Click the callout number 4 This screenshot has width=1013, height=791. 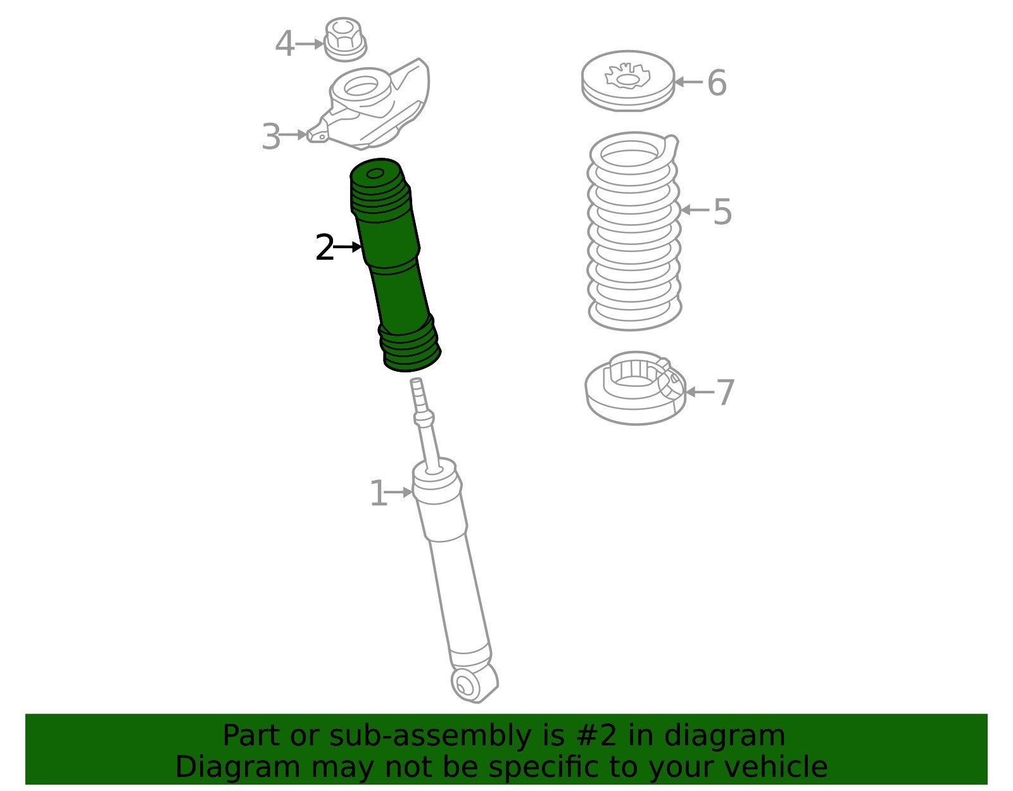(x=284, y=44)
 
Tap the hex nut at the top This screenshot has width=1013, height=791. (x=345, y=39)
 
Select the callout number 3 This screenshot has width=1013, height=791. (x=272, y=137)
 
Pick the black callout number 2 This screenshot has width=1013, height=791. (x=324, y=247)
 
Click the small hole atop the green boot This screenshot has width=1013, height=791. (x=375, y=174)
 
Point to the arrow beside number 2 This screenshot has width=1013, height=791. (x=348, y=246)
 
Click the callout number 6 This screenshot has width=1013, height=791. (x=717, y=82)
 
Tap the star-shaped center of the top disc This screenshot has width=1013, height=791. (x=627, y=77)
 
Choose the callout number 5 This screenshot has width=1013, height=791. (x=722, y=211)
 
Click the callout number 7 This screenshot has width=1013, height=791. (x=725, y=392)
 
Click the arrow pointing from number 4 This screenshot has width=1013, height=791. (x=310, y=44)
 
